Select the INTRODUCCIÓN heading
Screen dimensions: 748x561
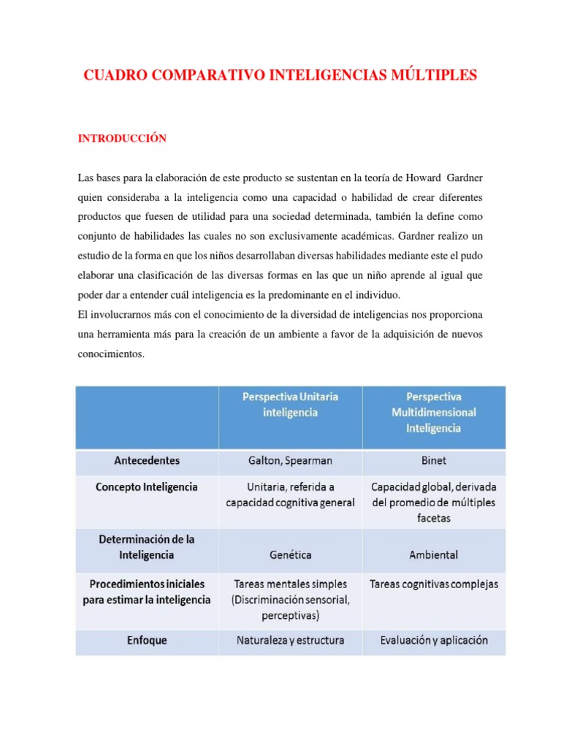click(123, 138)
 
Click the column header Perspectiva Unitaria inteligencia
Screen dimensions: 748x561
click(290, 404)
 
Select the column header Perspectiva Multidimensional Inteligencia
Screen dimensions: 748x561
click(433, 412)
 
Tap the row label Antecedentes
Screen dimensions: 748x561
click(147, 461)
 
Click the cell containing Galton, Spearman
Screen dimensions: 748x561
click(290, 461)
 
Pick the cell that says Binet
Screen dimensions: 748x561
click(433, 461)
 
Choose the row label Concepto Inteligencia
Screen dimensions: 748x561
click(147, 486)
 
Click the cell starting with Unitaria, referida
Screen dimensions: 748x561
click(290, 495)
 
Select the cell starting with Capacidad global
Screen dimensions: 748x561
click(433, 502)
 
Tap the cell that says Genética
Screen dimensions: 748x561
click(290, 554)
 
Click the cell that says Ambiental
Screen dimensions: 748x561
click(433, 554)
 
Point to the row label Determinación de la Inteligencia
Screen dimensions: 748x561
click(147, 546)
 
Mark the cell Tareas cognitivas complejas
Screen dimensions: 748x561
click(433, 584)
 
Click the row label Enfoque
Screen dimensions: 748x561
click(147, 641)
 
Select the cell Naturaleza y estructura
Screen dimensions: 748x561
click(290, 641)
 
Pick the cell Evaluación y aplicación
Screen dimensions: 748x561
click(433, 641)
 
